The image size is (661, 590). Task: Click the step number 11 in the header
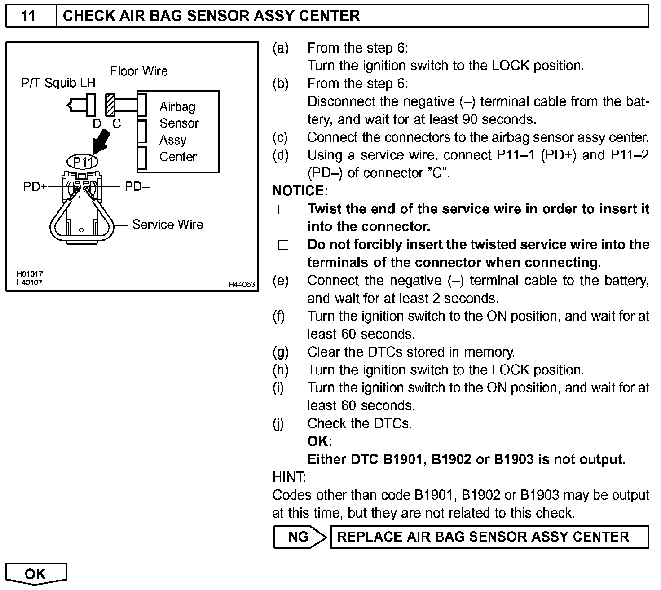tap(28, 16)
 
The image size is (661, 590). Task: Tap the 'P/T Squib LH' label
tap(58, 83)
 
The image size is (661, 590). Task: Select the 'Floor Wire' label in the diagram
tap(139, 71)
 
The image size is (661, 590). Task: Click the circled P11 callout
tap(83, 161)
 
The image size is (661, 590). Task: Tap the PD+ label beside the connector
tap(35, 187)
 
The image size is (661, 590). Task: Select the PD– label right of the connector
tap(137, 187)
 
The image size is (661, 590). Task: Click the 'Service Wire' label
tap(167, 225)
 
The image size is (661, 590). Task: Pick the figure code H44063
tap(242, 284)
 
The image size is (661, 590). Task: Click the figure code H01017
tap(29, 274)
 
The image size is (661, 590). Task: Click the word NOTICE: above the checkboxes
tap(300, 191)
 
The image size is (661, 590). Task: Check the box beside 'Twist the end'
tap(283, 210)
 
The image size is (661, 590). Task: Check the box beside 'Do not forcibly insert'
tap(283, 245)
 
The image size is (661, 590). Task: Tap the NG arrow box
tap(299, 537)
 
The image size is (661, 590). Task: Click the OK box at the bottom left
tap(36, 574)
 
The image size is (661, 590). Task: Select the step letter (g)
tap(281, 352)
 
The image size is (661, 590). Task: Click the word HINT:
tap(289, 477)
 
